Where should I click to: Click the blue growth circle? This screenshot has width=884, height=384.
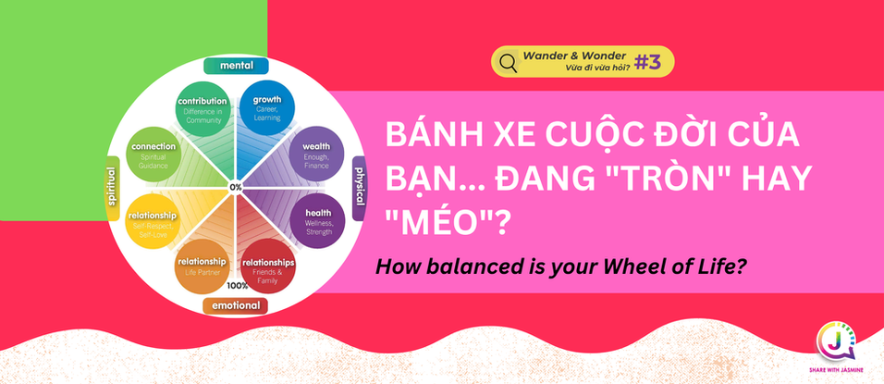267,108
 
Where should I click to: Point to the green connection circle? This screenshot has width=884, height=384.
153,154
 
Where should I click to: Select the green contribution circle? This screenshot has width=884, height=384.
203,108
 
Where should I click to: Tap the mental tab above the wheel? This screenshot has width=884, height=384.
236,66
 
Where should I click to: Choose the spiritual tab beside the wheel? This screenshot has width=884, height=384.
113,188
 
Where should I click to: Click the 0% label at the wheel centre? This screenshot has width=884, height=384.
236,187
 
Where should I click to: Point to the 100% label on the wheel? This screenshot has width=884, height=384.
238,286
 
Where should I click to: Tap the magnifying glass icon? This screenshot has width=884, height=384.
508,63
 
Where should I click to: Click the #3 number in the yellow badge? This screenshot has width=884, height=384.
648,63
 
